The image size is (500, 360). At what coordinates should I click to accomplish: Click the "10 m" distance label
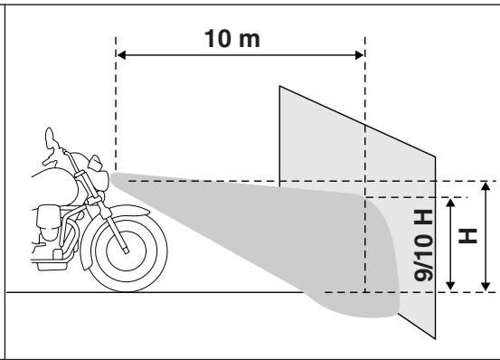click(241, 42)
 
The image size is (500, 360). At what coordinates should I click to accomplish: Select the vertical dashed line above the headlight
click(116, 109)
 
